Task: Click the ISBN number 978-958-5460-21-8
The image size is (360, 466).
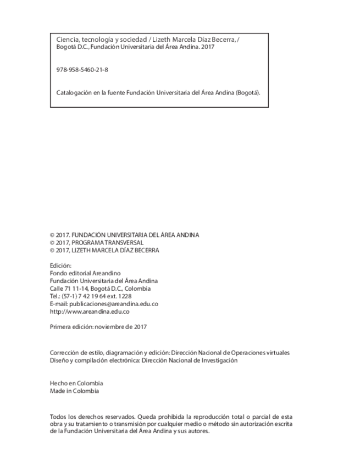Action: tap(82, 70)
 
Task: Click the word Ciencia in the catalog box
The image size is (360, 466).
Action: tap(67, 40)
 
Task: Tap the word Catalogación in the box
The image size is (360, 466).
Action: tap(75, 92)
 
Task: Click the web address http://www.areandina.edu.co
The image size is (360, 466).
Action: tap(90, 312)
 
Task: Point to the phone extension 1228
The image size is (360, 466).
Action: tap(125, 296)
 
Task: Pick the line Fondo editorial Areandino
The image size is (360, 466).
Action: tap(85, 273)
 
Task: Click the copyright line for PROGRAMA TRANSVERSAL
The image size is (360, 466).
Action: tap(97, 242)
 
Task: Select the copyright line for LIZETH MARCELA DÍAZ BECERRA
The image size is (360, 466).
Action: tap(104, 250)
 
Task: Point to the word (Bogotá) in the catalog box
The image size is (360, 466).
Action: tap(247, 92)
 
